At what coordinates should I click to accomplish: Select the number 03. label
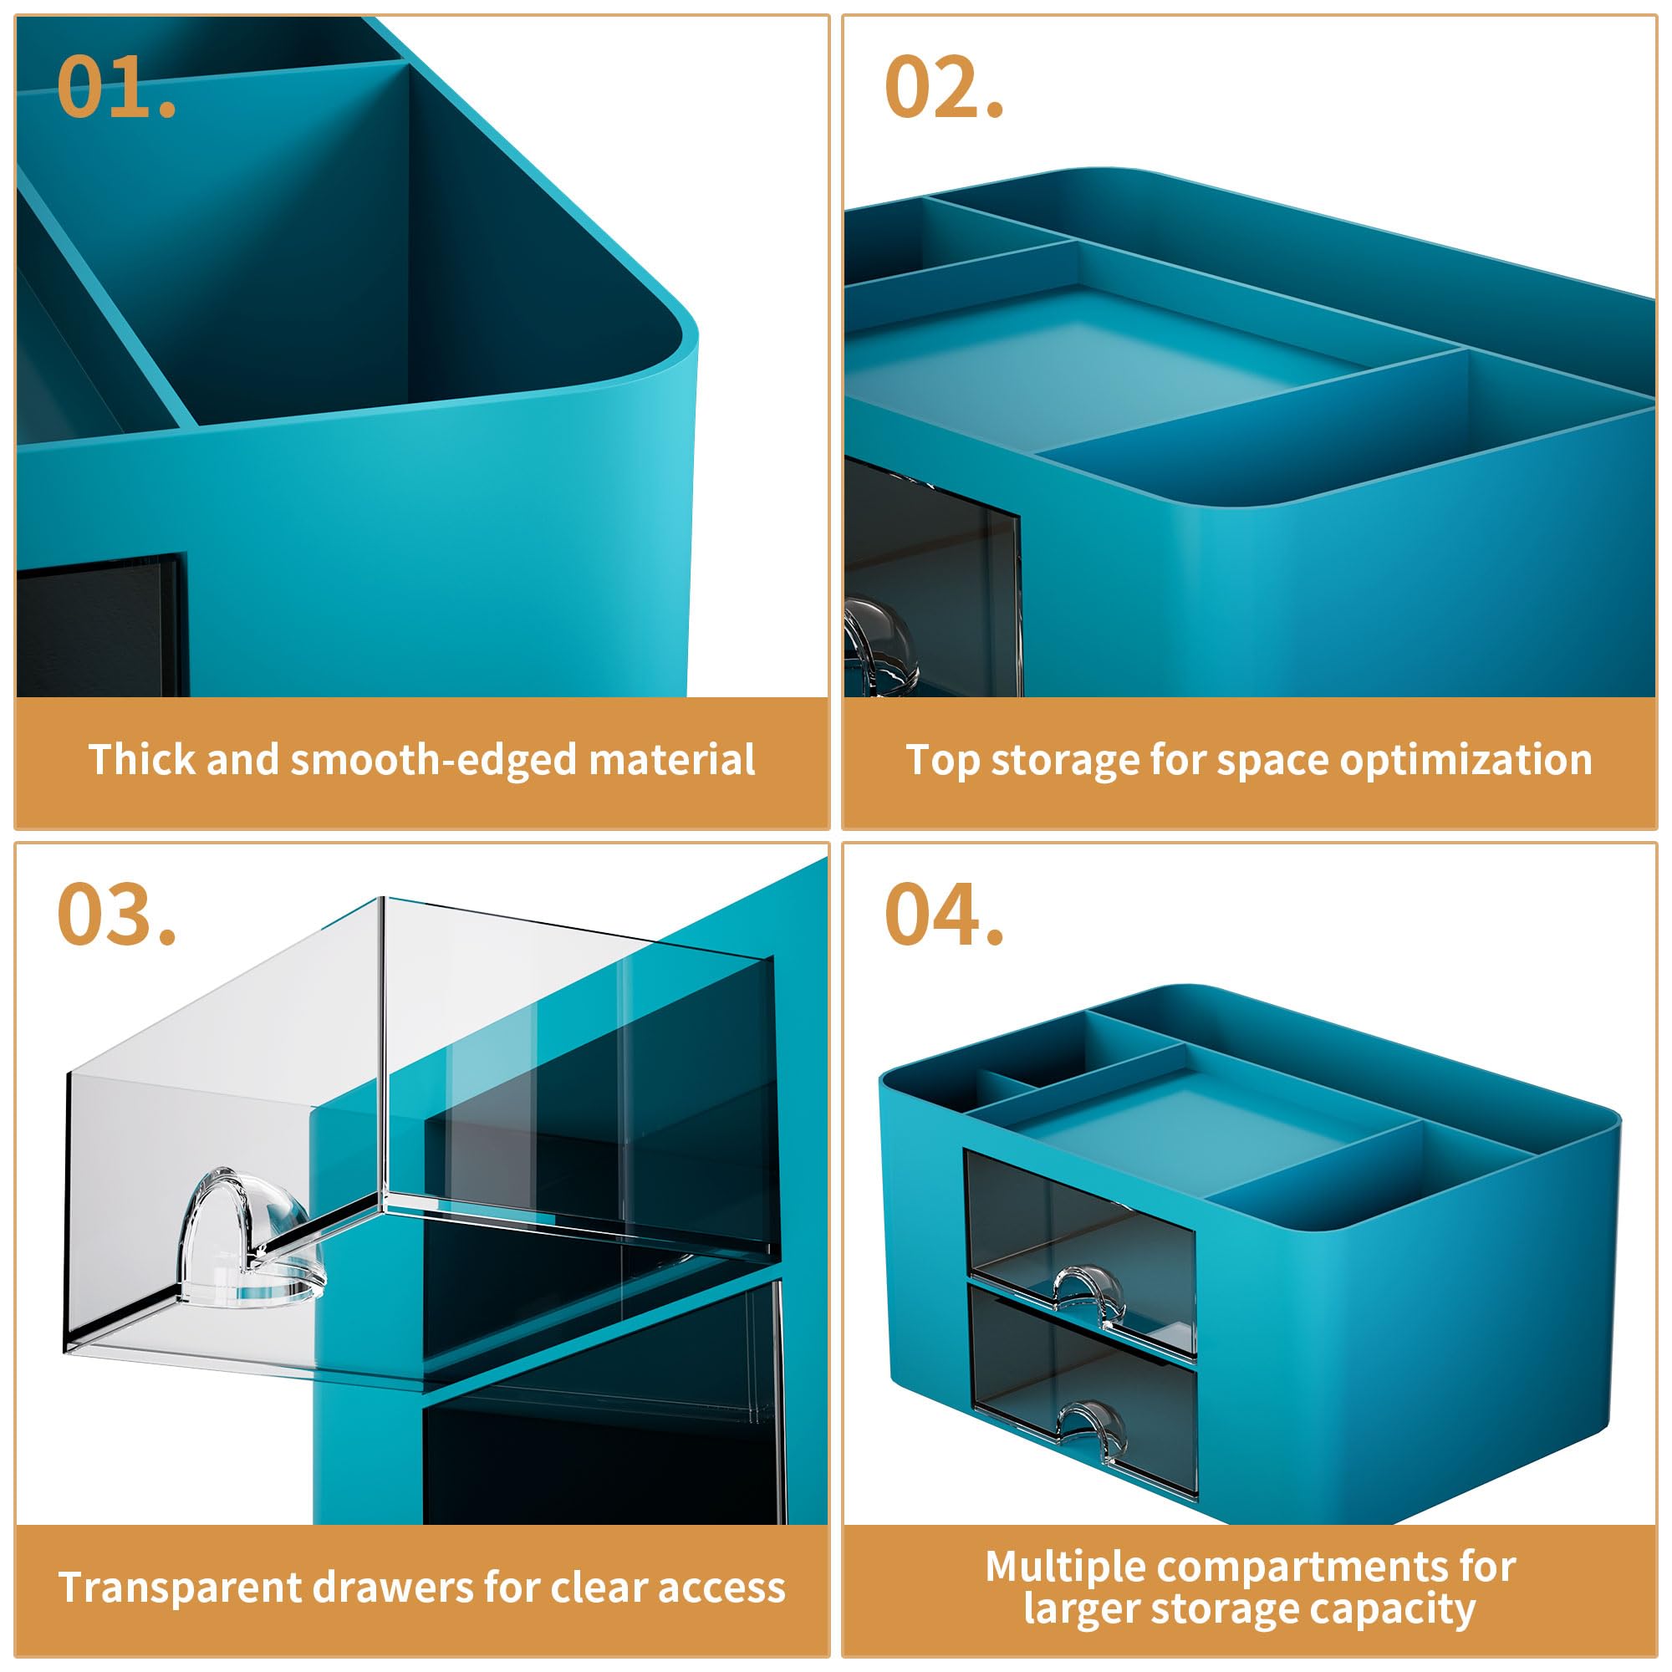pos(116,914)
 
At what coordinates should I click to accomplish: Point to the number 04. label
pos(943,914)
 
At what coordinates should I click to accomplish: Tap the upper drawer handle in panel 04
pos(1087,1297)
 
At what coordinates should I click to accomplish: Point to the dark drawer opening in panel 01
pos(101,624)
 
